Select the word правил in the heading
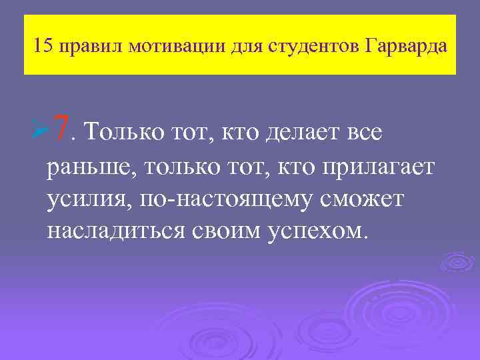tap(91, 47)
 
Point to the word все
tap(363, 131)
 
